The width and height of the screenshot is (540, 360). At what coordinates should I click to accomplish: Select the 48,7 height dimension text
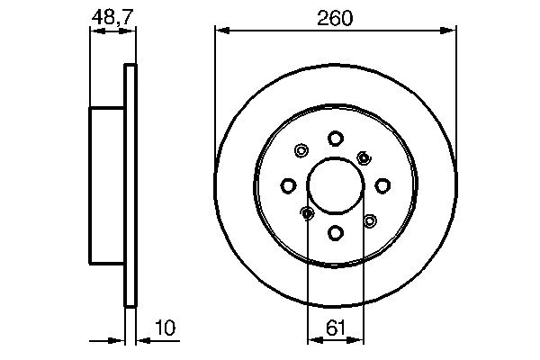[107, 17]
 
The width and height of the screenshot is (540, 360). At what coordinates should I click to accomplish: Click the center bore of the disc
[335, 185]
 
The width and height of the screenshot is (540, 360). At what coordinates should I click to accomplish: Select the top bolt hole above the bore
[335, 138]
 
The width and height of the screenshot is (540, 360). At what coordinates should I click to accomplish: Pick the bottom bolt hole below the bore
[335, 233]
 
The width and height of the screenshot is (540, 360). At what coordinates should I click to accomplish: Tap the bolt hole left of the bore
[288, 185]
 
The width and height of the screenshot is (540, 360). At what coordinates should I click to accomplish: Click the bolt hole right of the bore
[382, 185]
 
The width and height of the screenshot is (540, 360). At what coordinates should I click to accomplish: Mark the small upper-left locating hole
[301, 151]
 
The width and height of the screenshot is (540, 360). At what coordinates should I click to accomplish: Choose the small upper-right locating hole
[364, 157]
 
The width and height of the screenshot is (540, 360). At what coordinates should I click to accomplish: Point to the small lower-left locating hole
[307, 213]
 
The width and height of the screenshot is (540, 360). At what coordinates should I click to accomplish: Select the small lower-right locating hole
[369, 220]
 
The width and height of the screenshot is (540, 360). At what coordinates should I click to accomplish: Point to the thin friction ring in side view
[130, 185]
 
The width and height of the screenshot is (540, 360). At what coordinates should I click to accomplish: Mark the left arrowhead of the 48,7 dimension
[94, 31]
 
